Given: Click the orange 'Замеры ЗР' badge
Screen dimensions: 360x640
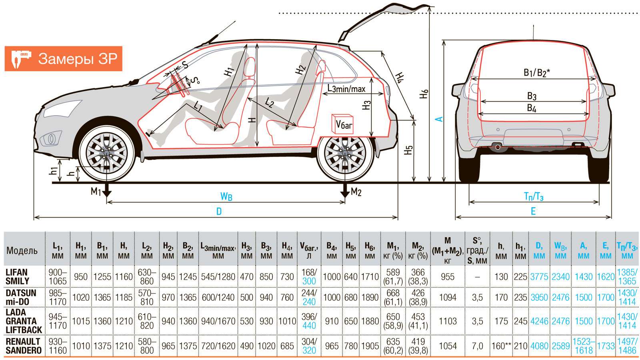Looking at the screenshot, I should click(x=63, y=59).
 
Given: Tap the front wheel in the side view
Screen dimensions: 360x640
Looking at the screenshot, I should click(x=107, y=152).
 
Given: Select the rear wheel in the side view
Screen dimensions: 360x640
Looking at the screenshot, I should click(x=345, y=152).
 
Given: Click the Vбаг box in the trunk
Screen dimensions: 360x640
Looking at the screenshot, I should click(x=342, y=124).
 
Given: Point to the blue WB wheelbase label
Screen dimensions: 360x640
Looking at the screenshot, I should click(x=226, y=196).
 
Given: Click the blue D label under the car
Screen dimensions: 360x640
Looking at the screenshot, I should click(x=219, y=212).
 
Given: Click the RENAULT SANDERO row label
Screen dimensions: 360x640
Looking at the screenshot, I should click(x=23, y=346).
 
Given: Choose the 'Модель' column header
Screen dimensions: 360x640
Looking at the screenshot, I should click(x=22, y=251).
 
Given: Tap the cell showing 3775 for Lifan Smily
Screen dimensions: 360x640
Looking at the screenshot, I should click(x=539, y=276).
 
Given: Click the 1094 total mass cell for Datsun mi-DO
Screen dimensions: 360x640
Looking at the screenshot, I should click(x=448, y=298).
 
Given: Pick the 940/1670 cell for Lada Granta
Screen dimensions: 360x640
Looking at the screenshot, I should click(x=218, y=321).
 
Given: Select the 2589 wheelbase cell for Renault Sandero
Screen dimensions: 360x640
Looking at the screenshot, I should click(x=560, y=346).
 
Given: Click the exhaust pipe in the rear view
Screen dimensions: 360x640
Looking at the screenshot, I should click(x=498, y=147).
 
